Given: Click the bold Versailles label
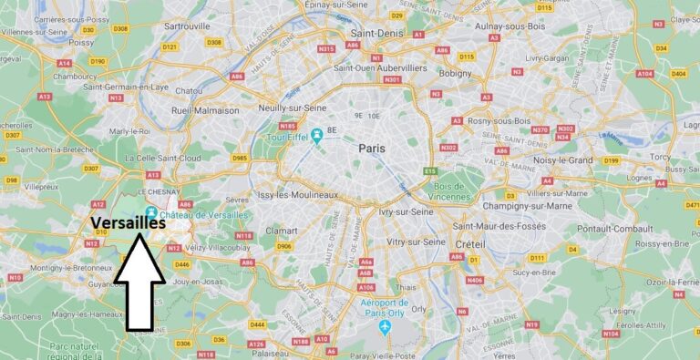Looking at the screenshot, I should pos(128,224).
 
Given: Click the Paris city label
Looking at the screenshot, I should pos(372,148).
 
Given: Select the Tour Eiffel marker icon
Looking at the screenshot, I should pos(315,136).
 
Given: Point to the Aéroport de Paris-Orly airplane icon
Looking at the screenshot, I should pos(384,326).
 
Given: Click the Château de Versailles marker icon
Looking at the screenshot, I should pos(151,213).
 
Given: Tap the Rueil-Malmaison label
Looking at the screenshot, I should pos(205,110).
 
